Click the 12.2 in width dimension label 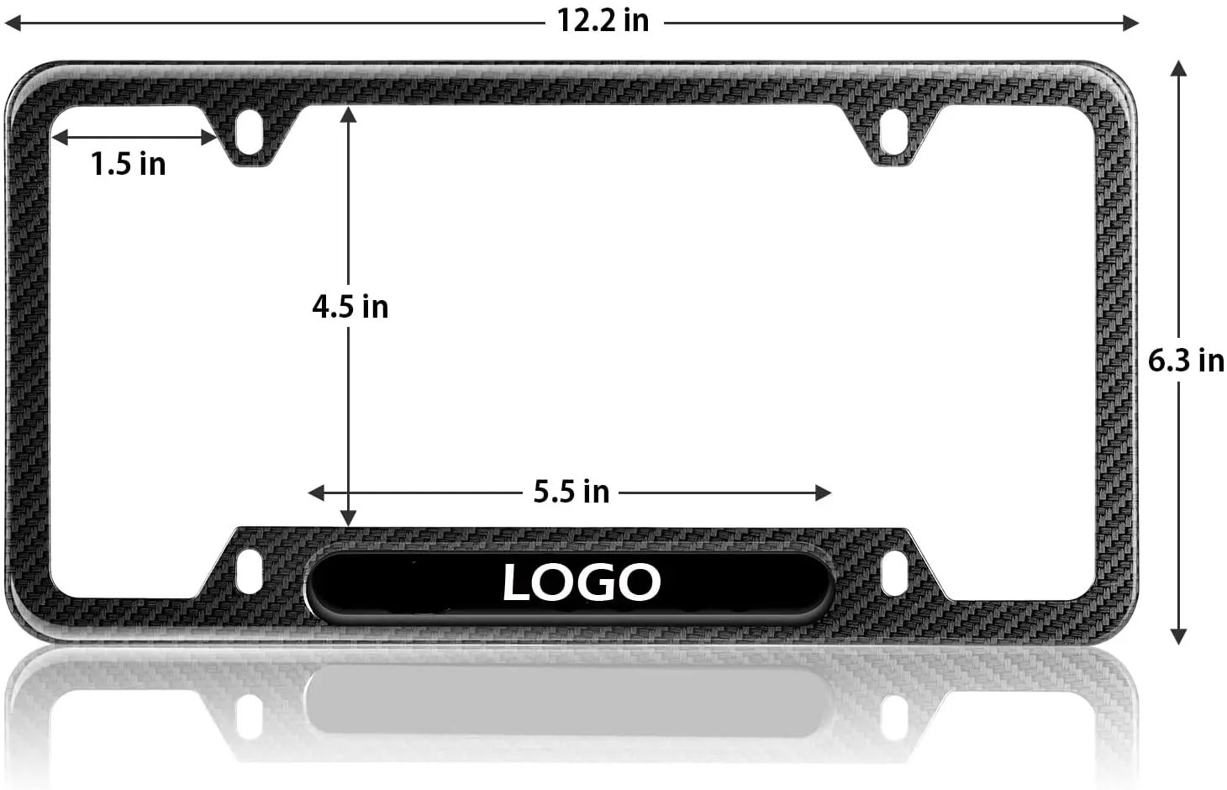point(603,21)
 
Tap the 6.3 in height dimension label point(1186,361)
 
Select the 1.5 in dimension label point(128,164)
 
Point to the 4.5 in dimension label point(350,307)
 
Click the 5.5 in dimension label point(571,492)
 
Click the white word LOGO point(582,582)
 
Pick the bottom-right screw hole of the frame point(893,571)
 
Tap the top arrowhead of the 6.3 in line point(1178,68)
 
